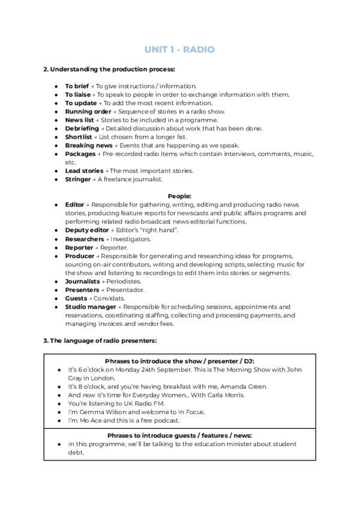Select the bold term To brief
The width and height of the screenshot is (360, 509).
(x=77, y=86)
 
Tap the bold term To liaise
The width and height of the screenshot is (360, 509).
(x=78, y=94)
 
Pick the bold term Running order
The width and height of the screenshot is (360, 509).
(x=88, y=111)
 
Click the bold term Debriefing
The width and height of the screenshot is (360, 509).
(x=82, y=128)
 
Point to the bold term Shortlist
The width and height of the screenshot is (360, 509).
(x=79, y=137)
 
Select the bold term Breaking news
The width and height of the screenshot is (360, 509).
(x=88, y=145)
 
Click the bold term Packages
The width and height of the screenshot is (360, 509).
(x=80, y=154)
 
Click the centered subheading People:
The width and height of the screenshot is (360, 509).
(x=179, y=196)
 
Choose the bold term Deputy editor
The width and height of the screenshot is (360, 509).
(x=86, y=230)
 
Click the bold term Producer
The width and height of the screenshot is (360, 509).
(x=80, y=256)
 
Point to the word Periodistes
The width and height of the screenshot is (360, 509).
(x=122, y=281)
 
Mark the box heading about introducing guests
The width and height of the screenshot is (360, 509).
(x=179, y=435)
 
